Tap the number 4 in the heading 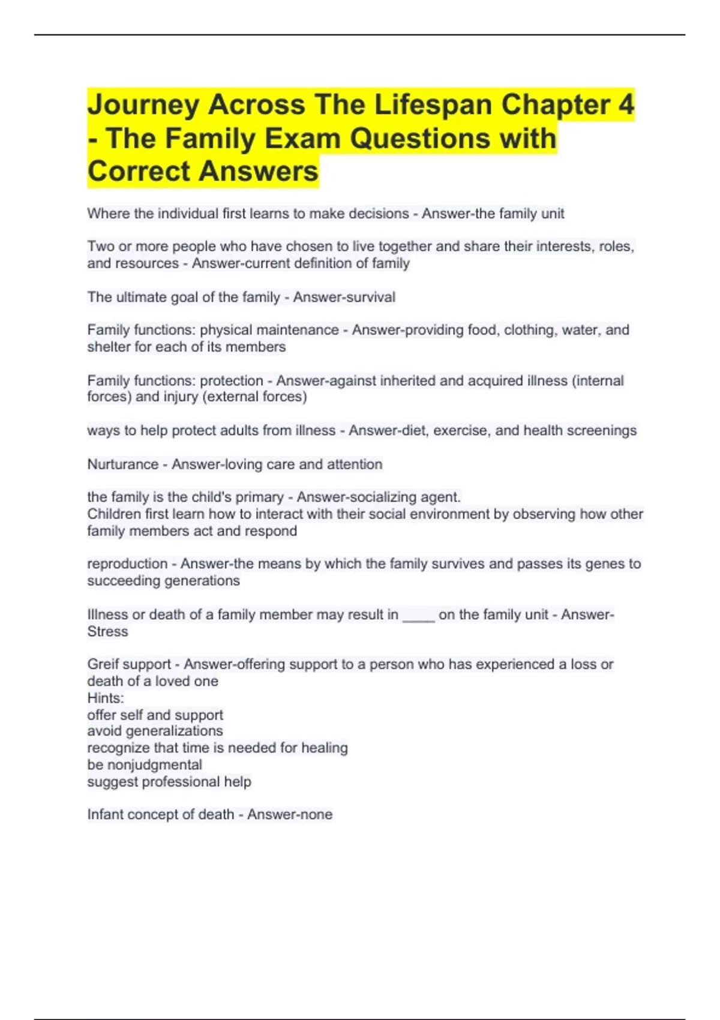pos(626,105)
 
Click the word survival pos(370,297)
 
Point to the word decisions pos(379,214)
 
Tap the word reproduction pos(127,564)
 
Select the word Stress pos(107,631)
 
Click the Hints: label pos(106,698)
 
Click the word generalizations pos(174,731)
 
